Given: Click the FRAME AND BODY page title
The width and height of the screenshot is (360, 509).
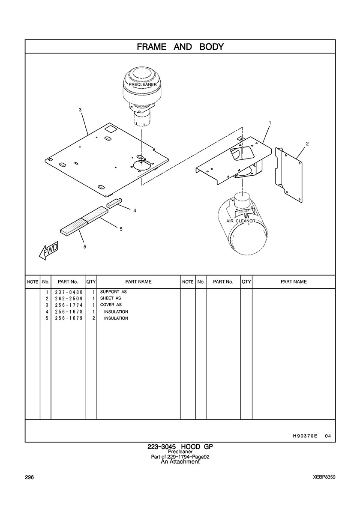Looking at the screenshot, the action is [x=180, y=47].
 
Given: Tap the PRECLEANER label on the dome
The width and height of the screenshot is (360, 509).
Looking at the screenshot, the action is [x=143, y=84].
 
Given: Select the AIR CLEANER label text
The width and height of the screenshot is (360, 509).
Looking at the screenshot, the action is [x=240, y=221].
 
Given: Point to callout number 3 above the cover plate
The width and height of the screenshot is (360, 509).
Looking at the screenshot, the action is [x=80, y=110].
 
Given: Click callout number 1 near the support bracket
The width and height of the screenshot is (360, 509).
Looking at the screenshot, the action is [x=270, y=123].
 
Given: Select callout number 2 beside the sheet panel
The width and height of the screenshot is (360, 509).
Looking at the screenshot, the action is [x=307, y=144].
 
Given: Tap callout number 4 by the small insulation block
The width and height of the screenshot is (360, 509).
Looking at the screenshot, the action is [x=135, y=210].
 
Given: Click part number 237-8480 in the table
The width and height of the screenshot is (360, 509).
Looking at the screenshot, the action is [x=69, y=292].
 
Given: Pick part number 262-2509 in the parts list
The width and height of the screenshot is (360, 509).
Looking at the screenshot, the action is [x=69, y=298].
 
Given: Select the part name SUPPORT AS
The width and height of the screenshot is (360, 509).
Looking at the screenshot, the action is [x=113, y=292].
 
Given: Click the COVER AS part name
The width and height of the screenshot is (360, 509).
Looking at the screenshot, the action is [x=111, y=305].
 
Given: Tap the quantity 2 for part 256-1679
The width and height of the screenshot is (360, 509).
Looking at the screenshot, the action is [x=93, y=318].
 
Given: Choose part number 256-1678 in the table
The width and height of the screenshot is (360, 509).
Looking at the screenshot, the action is [x=69, y=311].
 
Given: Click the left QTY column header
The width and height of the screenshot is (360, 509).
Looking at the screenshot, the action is [x=91, y=282].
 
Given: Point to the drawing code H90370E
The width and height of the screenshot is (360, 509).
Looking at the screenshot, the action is [x=305, y=436].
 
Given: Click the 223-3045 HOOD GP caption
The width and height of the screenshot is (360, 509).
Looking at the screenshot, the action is [x=180, y=447].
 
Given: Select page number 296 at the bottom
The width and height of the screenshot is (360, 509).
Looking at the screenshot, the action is [x=29, y=477].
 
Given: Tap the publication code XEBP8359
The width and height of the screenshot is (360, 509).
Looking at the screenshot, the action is [x=324, y=477].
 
